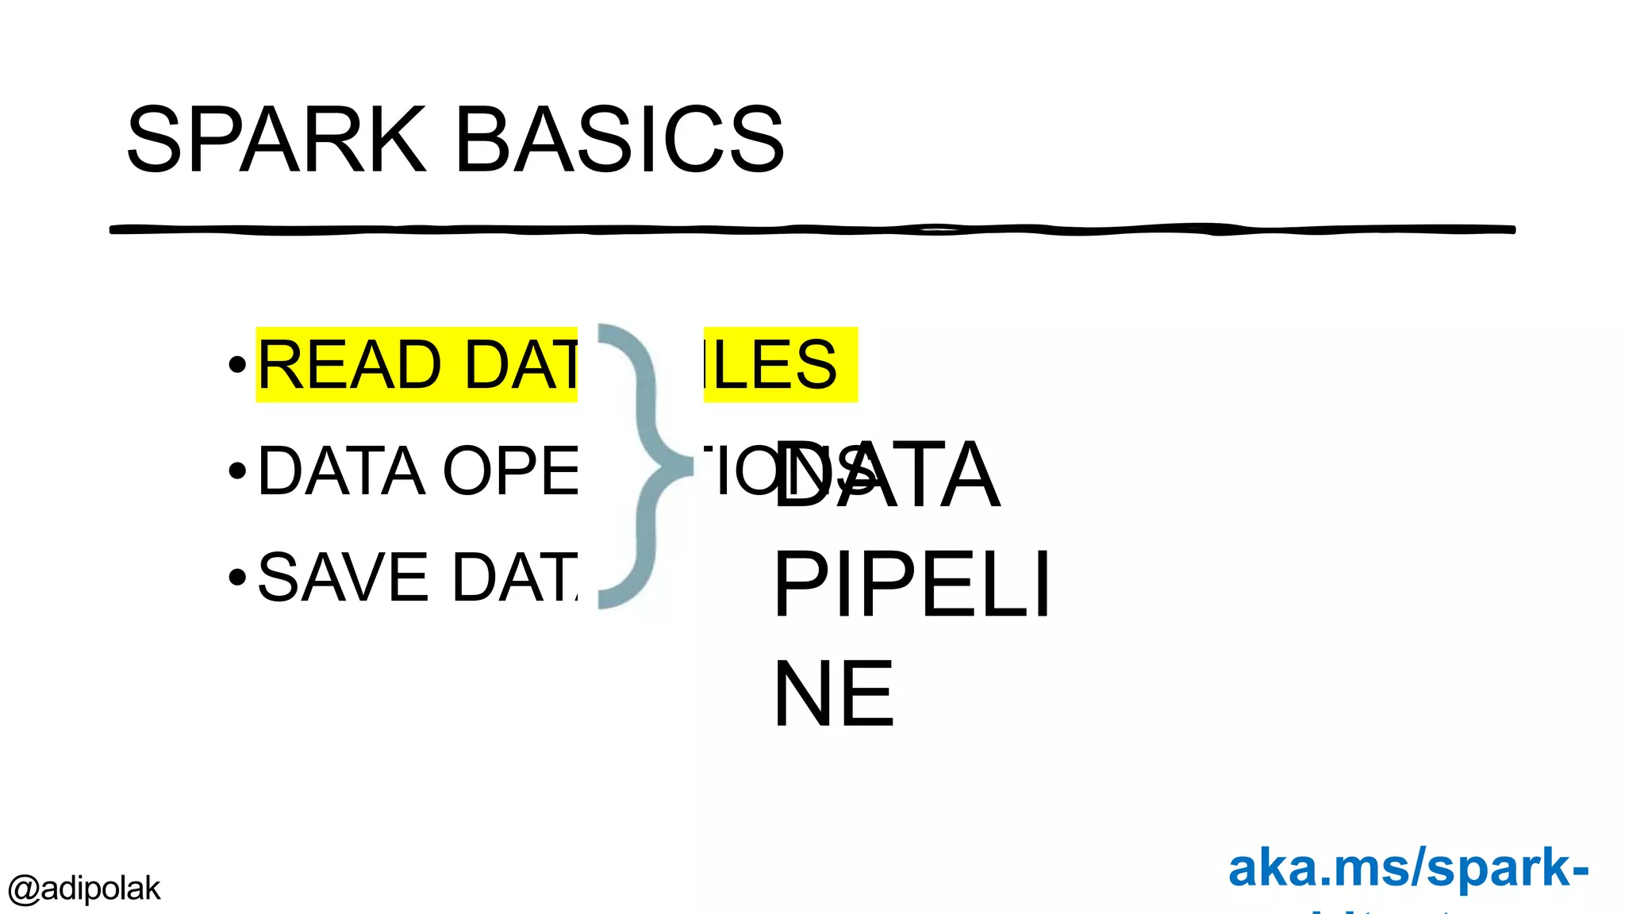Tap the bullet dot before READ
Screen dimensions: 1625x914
click(x=236, y=365)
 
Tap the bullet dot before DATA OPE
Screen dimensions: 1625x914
click(x=236, y=471)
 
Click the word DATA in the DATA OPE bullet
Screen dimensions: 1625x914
click(x=341, y=471)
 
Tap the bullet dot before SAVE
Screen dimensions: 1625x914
click(x=236, y=577)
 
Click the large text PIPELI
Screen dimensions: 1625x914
click(x=911, y=585)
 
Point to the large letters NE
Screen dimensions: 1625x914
click(x=833, y=693)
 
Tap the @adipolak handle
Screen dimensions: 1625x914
click(x=84, y=889)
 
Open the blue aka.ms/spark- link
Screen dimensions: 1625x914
click(x=1408, y=868)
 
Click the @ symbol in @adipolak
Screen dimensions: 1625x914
click(x=23, y=889)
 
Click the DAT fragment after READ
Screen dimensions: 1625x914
click(x=521, y=365)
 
